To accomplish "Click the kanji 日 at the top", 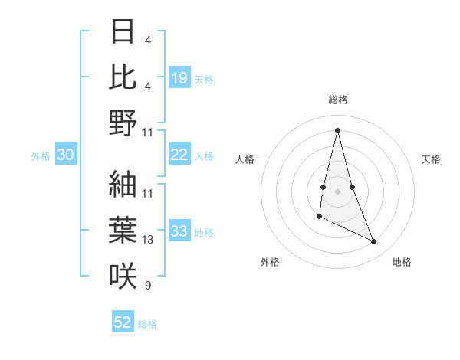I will [123, 31].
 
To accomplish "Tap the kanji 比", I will [123, 77].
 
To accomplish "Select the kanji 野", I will [123, 123].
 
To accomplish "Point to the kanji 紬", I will [123, 185].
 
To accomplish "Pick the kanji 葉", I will [123, 231].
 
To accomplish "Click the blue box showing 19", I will [179, 77].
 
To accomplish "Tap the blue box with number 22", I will [179, 155].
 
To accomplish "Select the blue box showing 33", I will [179, 231].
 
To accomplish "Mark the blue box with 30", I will [66, 155].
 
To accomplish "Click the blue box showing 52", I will [123, 322].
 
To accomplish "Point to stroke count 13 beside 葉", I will [148, 240].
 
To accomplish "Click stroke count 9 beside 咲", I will [147, 286].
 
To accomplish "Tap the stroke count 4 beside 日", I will [147, 40].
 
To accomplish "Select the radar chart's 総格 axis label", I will [338, 100].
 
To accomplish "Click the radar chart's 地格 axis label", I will [402, 262].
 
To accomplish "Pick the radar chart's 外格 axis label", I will [270, 262].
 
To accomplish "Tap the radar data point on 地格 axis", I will [374, 242].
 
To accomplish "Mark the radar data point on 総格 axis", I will [338, 129].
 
